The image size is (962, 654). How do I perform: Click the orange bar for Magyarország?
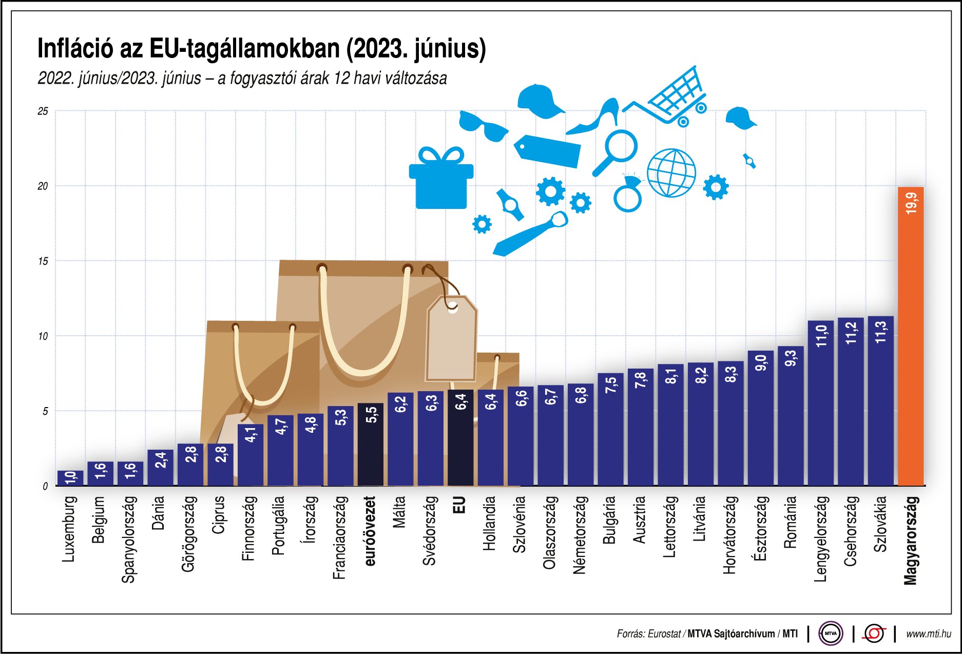pos(910,336)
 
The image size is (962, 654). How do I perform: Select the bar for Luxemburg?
pos(70,478)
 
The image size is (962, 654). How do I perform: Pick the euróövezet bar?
pos(371,444)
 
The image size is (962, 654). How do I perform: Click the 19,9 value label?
pos(911,203)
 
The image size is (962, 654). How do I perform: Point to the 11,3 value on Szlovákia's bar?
pos(881,332)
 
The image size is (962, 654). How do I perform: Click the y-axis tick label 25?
pos(43,111)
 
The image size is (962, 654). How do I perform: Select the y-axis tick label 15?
pos(43,261)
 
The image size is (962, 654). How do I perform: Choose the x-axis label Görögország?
pos(189,533)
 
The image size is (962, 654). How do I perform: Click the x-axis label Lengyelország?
pos(821,538)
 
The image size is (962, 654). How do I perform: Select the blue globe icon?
pos(671,173)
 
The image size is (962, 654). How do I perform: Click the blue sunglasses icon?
pos(483,126)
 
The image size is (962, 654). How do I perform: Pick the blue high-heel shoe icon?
pos(595,118)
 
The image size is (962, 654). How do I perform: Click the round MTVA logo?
pos(830,633)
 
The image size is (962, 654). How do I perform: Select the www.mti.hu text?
pos(928,634)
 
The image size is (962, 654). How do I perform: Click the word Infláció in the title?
pos(75,49)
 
